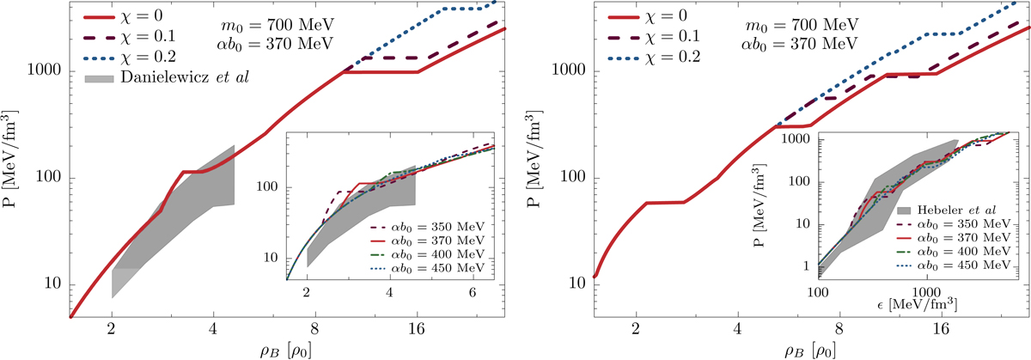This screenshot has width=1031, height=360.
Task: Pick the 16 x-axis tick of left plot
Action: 417,327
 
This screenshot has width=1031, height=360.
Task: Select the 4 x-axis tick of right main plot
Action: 737,327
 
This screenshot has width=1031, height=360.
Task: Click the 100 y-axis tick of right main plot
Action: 574,178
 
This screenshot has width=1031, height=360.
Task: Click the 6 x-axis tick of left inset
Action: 473,293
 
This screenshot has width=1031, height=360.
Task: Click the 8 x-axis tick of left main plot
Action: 315,327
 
